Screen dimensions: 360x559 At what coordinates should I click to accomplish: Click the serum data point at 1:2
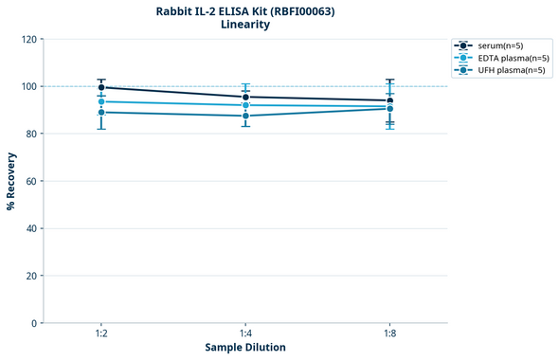[101, 87]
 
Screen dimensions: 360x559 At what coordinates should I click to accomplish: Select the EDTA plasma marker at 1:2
[101, 101]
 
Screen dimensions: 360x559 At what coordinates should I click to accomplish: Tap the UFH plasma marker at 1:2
[101, 112]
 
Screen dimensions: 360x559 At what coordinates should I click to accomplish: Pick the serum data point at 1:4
[245, 97]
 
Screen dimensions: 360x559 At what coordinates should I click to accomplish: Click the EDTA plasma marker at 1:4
[245, 105]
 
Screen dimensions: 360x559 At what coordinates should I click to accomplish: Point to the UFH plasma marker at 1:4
[245, 116]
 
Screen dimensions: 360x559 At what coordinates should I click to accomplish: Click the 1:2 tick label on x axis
[101, 334]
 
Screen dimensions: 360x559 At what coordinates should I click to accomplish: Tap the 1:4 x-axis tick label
[245, 334]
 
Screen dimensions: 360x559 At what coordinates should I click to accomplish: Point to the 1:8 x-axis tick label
[389, 334]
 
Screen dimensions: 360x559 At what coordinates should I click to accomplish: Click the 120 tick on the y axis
[28, 40]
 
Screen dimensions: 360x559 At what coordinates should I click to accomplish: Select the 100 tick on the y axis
[28, 87]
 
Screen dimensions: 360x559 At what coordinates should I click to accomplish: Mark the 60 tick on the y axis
[31, 181]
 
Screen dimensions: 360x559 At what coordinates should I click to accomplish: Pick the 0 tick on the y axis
[34, 323]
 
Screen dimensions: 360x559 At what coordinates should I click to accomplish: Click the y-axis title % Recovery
[11, 180]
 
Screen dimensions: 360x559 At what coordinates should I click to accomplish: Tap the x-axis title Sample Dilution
[245, 348]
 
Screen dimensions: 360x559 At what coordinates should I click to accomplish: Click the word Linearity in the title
[245, 25]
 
